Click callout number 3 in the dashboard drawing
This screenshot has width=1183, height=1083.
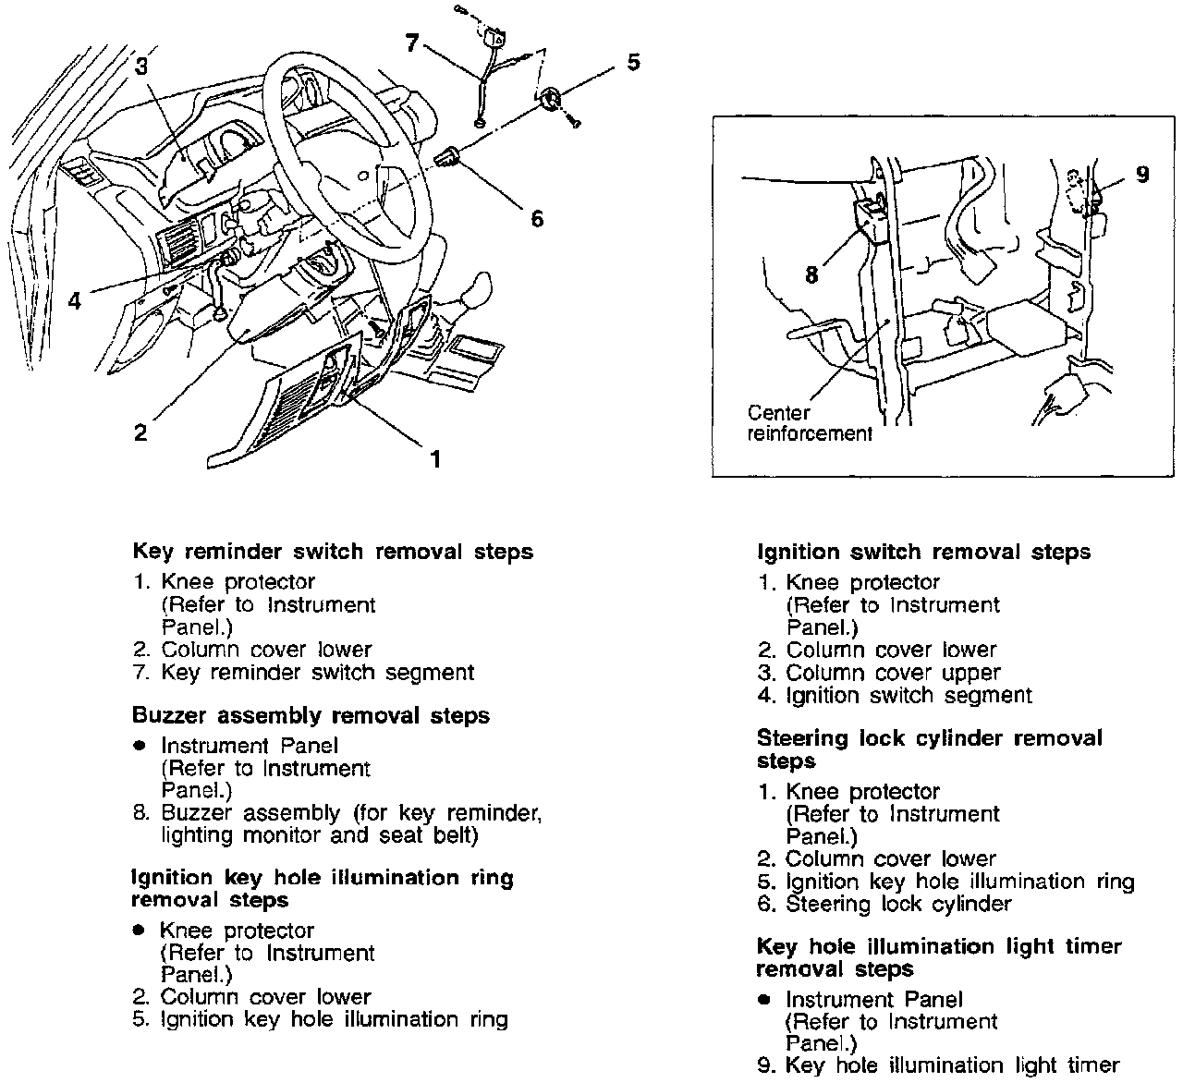[x=140, y=66]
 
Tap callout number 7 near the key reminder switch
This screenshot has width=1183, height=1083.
[x=412, y=43]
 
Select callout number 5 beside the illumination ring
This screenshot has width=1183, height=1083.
[x=632, y=63]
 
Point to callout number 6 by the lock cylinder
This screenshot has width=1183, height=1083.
[x=537, y=218]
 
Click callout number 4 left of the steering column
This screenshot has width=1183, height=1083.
[x=75, y=301]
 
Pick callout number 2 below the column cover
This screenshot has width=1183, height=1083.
[x=140, y=432]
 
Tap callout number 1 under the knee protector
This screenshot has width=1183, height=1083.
[x=434, y=457]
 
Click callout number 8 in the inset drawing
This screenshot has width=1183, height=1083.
[x=811, y=274]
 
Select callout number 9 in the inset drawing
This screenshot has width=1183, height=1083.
[x=1142, y=174]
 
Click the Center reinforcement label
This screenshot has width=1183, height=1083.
[x=809, y=423]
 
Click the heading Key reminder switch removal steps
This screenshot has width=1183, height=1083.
[x=333, y=552]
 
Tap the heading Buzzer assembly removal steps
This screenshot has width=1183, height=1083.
[x=311, y=715]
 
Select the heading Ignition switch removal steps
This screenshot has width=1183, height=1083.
[x=923, y=552]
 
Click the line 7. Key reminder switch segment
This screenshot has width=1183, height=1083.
[x=303, y=673]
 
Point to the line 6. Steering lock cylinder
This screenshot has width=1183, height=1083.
[x=884, y=904]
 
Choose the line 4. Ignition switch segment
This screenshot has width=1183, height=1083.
[x=895, y=695]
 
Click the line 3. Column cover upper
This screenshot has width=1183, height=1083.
[x=879, y=673]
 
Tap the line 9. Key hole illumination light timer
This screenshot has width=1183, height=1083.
[x=938, y=1065]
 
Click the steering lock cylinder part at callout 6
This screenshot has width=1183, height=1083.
[x=449, y=157]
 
